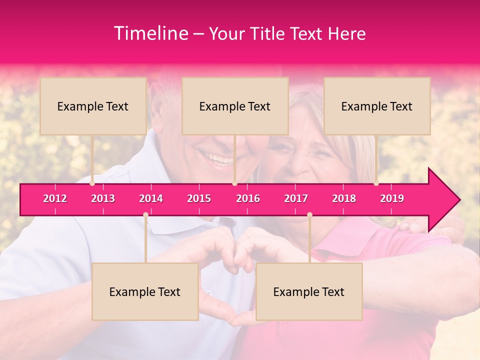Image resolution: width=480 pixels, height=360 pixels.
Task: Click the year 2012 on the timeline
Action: click(x=55, y=198)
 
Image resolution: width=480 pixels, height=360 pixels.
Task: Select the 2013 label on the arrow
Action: click(x=103, y=198)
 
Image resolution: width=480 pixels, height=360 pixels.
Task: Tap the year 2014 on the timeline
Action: click(x=151, y=198)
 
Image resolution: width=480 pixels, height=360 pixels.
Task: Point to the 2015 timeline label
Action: click(x=199, y=198)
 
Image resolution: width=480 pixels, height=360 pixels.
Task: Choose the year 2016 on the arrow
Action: click(x=248, y=198)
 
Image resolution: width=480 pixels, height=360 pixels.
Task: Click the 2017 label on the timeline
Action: click(x=296, y=198)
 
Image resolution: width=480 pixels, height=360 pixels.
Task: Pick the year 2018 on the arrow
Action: click(x=344, y=198)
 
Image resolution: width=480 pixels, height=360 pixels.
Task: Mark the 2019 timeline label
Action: click(x=392, y=198)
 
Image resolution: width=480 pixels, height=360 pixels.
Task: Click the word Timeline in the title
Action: click(x=150, y=33)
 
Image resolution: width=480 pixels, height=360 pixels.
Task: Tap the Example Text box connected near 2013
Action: click(x=93, y=106)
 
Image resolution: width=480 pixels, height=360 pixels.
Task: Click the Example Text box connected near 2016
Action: click(x=235, y=106)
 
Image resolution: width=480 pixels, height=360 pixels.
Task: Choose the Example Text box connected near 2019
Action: click(x=377, y=106)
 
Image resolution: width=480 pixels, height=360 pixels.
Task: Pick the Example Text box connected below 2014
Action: click(x=145, y=291)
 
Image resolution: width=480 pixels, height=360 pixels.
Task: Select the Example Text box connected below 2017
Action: click(x=309, y=291)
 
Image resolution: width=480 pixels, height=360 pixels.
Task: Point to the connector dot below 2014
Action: click(x=145, y=214)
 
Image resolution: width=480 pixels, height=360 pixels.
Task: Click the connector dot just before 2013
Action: click(x=92, y=183)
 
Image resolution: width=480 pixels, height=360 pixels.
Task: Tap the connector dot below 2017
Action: click(x=309, y=214)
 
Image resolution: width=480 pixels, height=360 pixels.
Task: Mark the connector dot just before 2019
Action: click(x=376, y=183)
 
